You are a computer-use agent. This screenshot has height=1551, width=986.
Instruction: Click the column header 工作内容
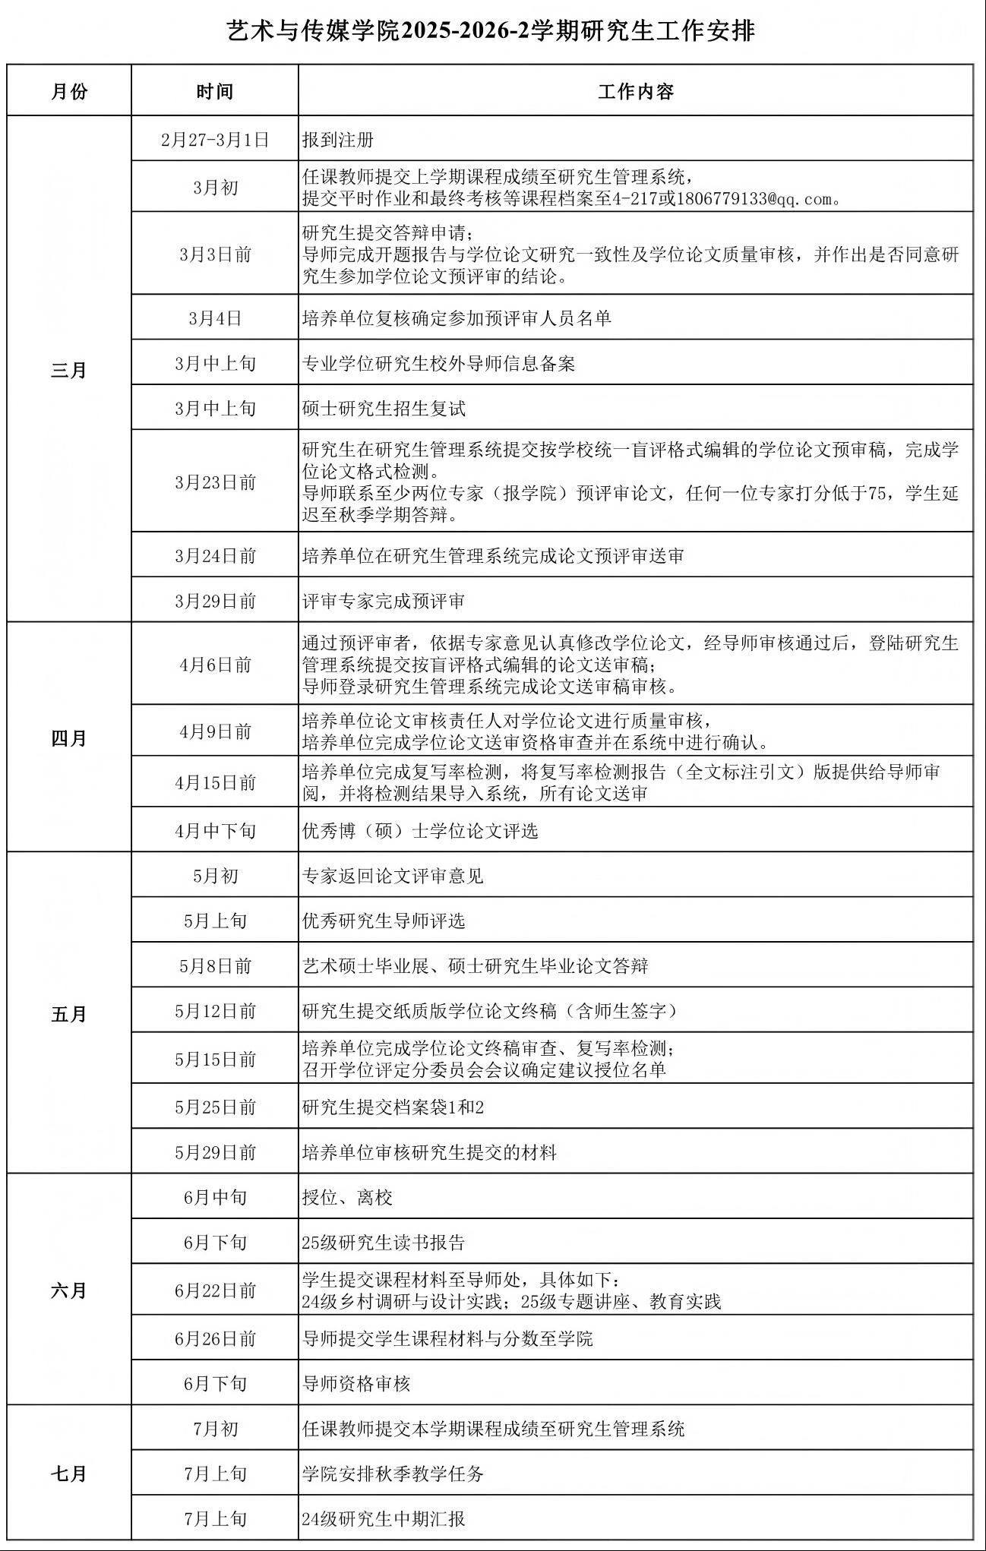click(635, 92)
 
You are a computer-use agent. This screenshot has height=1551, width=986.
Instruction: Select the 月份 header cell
click(69, 92)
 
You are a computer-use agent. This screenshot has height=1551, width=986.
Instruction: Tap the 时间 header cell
click(215, 92)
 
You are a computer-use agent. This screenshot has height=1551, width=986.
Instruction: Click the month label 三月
click(69, 371)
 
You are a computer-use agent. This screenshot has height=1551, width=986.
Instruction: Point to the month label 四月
click(69, 738)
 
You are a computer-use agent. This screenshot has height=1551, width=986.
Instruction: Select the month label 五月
click(69, 1014)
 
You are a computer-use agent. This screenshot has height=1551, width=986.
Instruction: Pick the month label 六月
click(69, 1290)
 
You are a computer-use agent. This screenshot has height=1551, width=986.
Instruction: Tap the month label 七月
click(69, 1474)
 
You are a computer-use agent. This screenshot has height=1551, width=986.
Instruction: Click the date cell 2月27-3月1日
click(215, 140)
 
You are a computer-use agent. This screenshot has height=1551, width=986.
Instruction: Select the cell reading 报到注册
click(338, 140)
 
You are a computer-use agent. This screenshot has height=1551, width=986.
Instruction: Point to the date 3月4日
click(215, 318)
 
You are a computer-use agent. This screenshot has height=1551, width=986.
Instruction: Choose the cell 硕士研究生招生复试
click(384, 409)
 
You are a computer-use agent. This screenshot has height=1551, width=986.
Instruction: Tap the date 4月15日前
click(215, 783)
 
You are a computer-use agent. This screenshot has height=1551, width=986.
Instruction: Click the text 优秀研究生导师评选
click(384, 921)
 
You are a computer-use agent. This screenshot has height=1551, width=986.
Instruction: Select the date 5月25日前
click(215, 1107)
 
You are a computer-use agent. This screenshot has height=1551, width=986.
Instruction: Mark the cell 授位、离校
click(347, 1198)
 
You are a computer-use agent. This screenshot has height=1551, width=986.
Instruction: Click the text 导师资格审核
click(356, 1384)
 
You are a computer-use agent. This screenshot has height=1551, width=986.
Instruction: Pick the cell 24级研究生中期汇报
click(384, 1519)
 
